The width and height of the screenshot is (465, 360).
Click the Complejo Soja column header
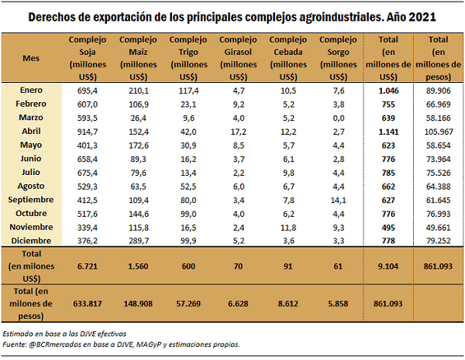[x=88, y=57]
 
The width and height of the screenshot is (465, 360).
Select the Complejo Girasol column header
[x=239, y=57]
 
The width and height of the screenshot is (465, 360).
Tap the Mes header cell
[x=32, y=57]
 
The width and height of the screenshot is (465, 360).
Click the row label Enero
[x=32, y=91]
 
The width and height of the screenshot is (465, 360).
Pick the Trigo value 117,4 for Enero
[x=188, y=91]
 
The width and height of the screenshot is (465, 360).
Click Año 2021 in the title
[x=409, y=16]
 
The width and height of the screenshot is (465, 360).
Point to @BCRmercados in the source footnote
[x=59, y=345]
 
